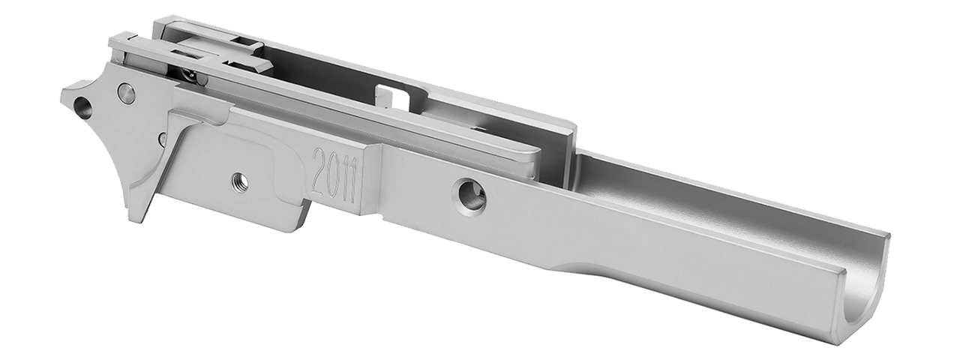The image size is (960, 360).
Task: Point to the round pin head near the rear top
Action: [127, 93]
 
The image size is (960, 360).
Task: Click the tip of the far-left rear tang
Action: [62, 96]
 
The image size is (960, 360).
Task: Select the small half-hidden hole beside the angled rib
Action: [162, 139]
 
